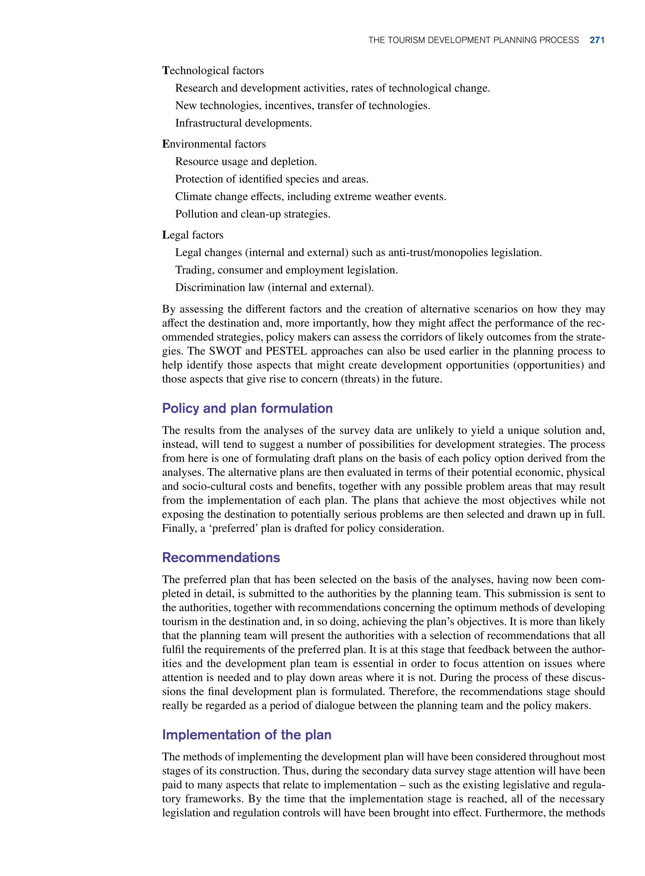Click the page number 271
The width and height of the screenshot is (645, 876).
tap(597, 40)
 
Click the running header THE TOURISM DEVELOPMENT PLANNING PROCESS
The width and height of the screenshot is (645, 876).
tap(473, 40)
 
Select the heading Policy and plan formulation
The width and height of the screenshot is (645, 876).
tap(247, 408)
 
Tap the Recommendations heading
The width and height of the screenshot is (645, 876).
tap(221, 557)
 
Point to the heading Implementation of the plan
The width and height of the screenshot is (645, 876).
tap(246, 735)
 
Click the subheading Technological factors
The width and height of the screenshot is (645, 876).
tap(213, 71)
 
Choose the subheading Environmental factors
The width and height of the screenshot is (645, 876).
tap(214, 144)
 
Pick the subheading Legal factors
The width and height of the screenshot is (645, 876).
tap(193, 235)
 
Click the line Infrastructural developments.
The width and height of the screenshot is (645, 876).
tap(243, 123)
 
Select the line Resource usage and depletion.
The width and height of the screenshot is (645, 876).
tap(246, 161)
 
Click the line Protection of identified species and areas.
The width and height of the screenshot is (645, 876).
tap(272, 179)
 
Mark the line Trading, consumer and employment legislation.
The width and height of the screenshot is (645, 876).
tap(286, 270)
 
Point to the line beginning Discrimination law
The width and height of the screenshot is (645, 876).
tap(274, 288)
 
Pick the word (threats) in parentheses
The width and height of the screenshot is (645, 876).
tap(360, 379)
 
